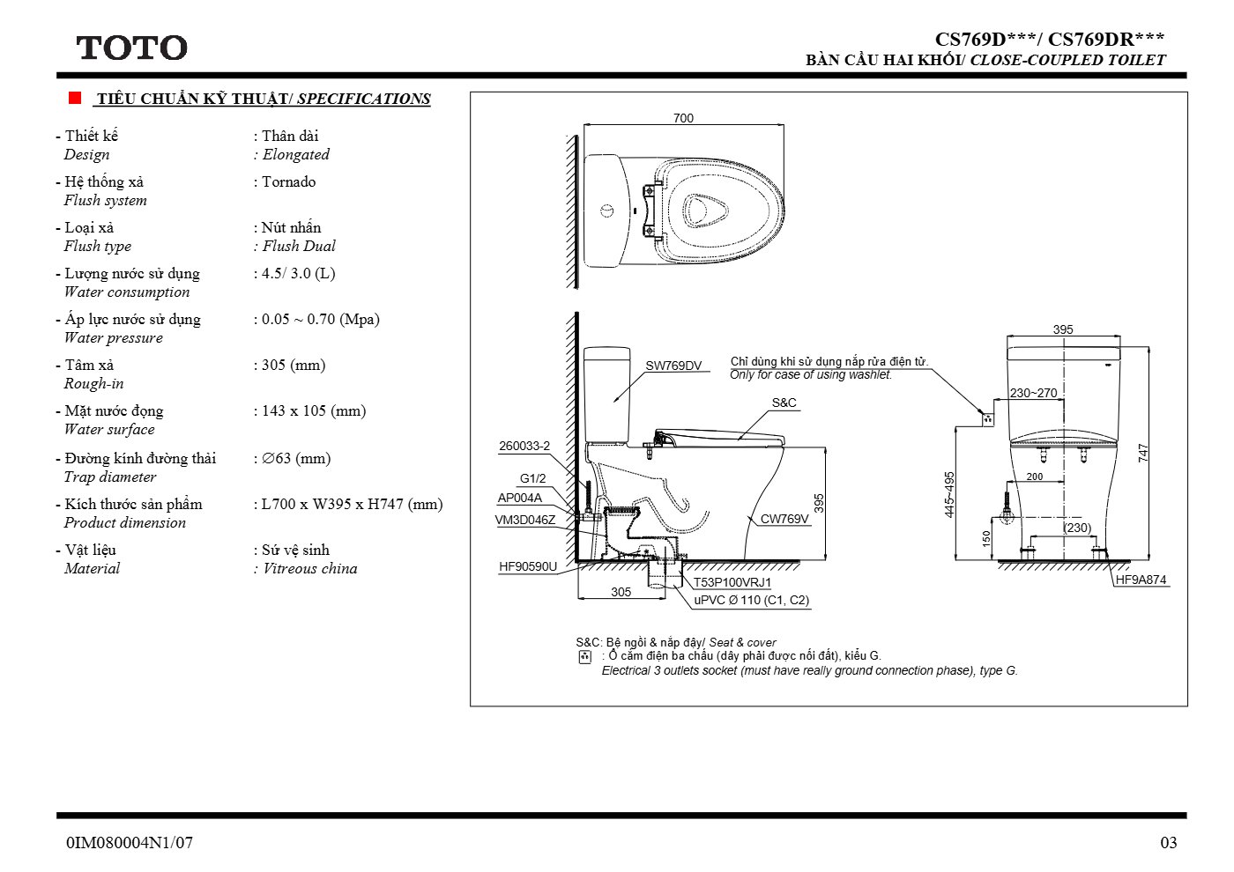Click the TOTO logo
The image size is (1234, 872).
click(131, 48)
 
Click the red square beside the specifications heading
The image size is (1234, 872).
click(75, 98)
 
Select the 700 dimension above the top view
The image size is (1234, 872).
click(683, 118)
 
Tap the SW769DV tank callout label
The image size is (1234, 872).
click(673, 366)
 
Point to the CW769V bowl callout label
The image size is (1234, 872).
click(784, 519)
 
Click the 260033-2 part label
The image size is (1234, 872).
click(524, 446)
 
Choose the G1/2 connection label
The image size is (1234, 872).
click(532, 479)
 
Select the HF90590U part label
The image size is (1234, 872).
click(528, 566)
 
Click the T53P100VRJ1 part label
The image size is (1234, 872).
click(732, 582)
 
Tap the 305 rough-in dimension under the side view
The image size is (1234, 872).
click(621, 592)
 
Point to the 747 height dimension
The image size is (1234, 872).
click(1143, 453)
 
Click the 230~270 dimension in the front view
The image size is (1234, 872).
click(1033, 393)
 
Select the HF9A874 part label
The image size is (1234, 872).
click(1141, 580)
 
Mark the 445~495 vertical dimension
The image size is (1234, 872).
click(949, 494)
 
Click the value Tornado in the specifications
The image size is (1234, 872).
click(289, 181)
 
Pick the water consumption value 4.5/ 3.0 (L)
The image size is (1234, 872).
click(298, 274)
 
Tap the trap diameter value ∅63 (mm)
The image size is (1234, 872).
click(296, 459)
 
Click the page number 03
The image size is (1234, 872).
click(1169, 843)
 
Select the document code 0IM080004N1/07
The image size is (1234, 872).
click(130, 843)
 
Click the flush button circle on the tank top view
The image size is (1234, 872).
click(606, 211)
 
